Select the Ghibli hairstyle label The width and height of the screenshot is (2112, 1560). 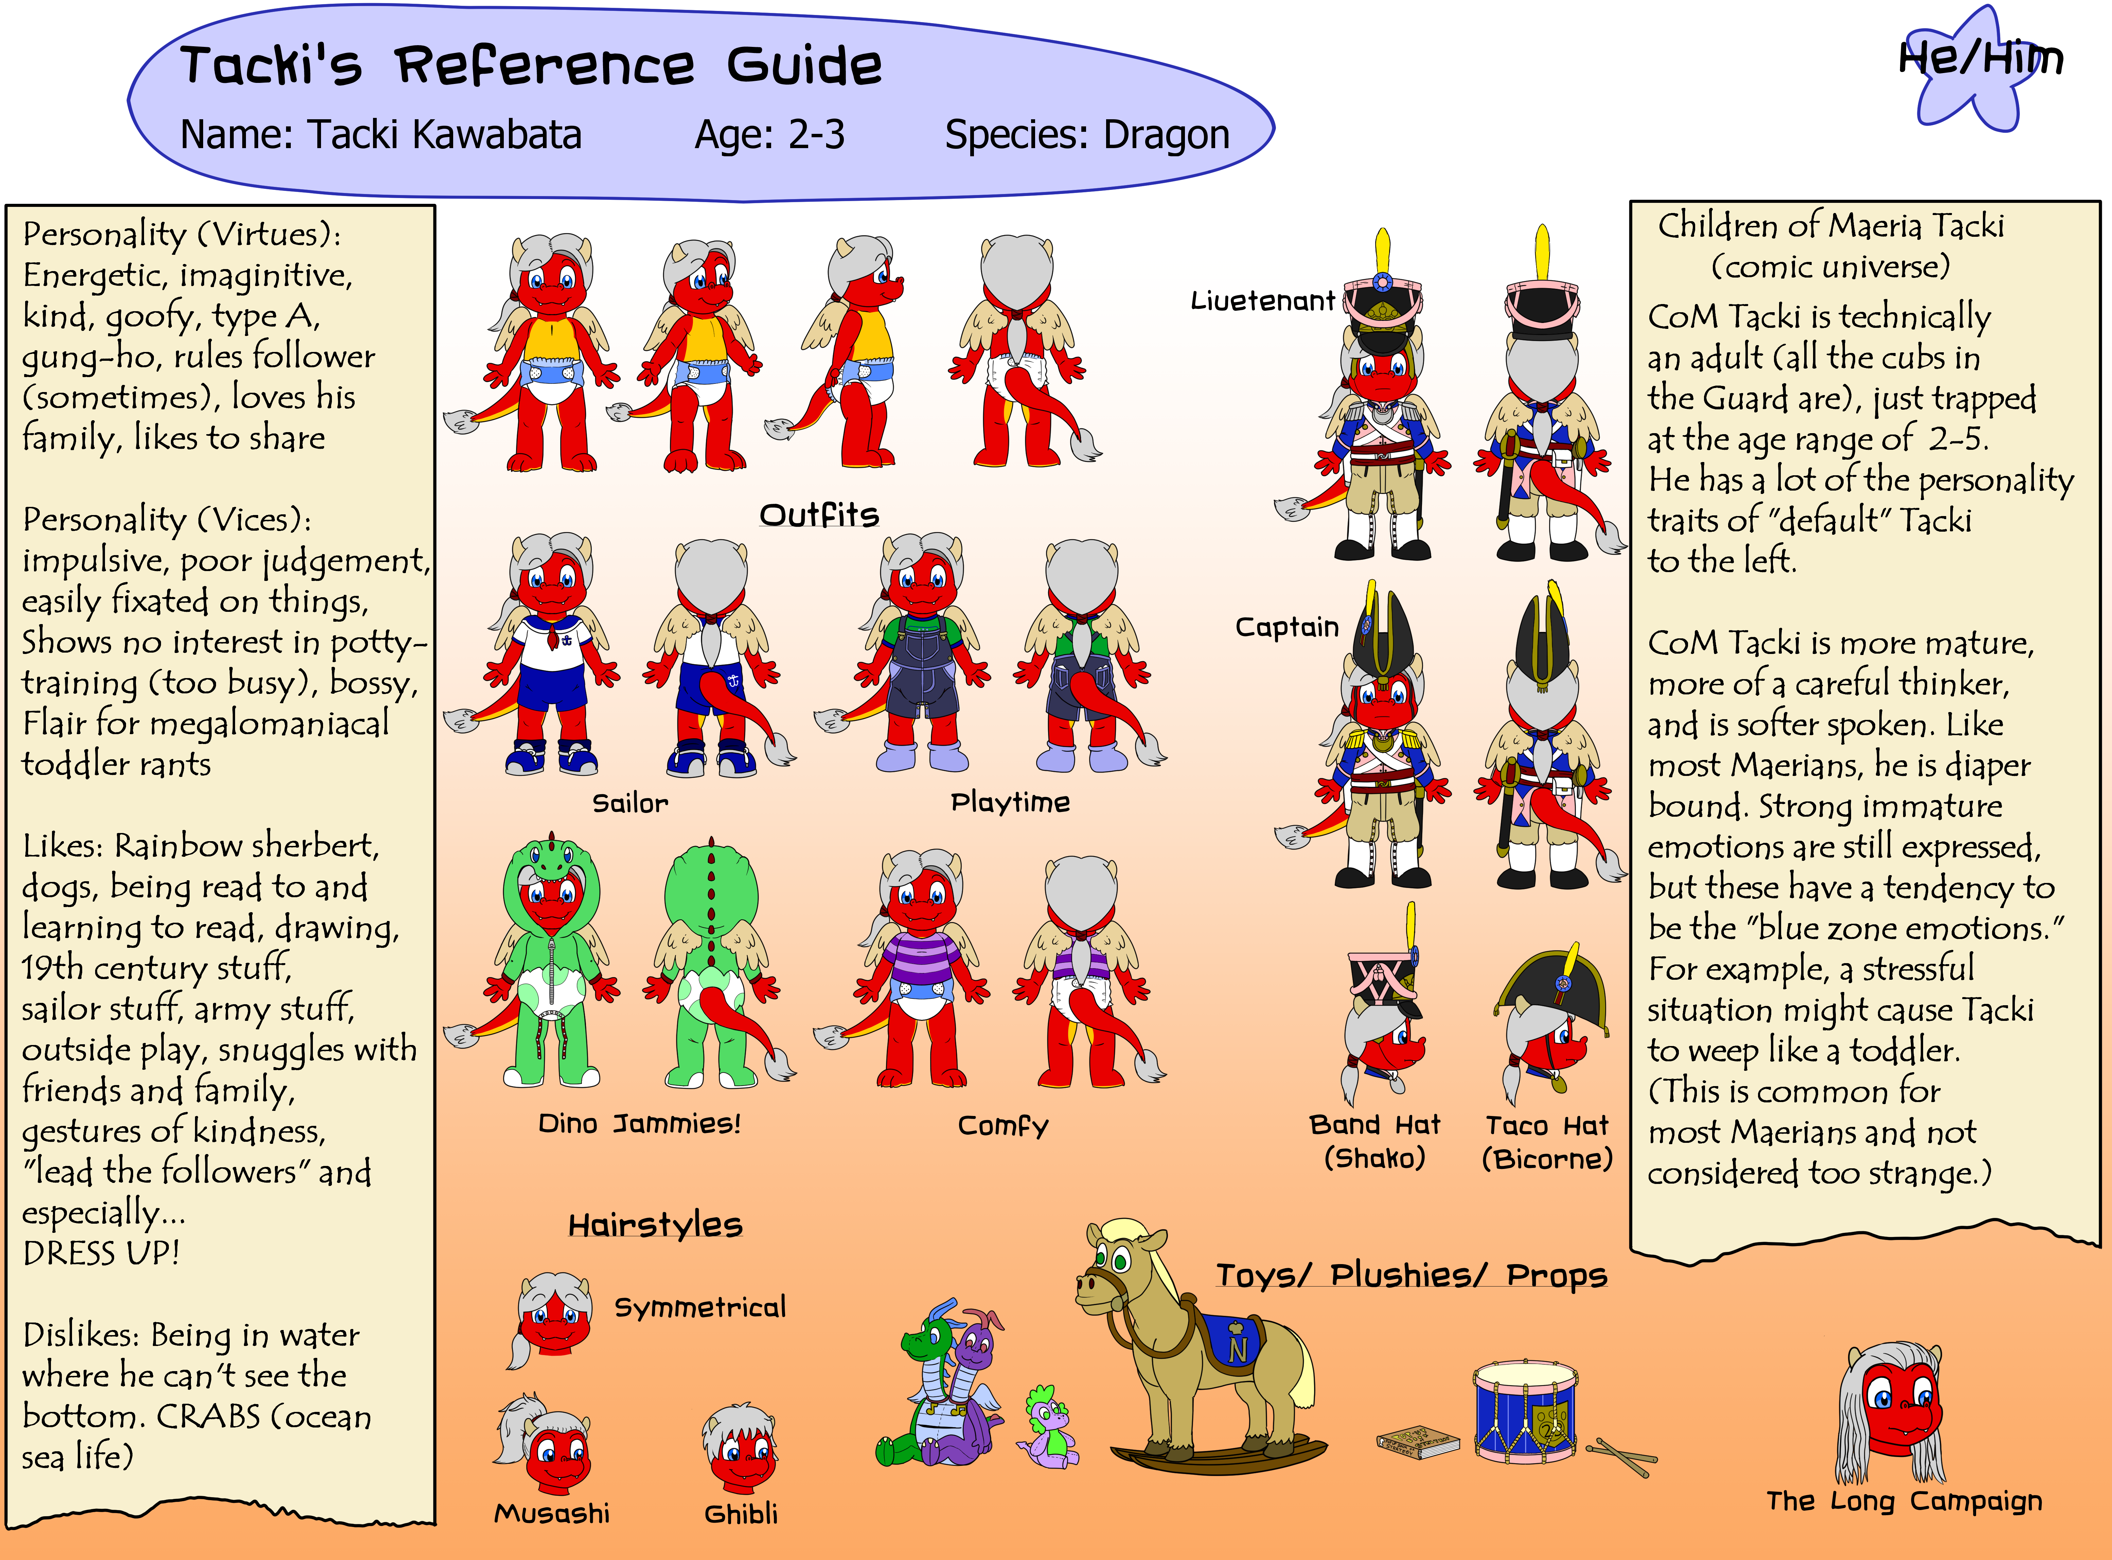[x=741, y=1514]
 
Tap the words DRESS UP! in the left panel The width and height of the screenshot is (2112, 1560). [x=101, y=1253]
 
